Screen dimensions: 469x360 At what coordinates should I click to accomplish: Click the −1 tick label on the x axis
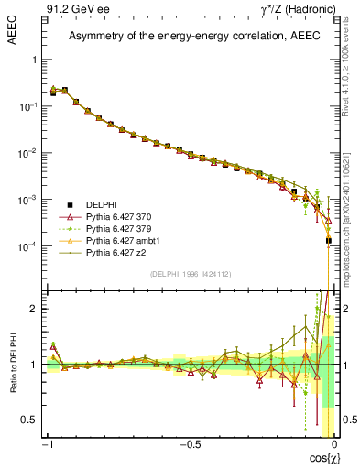[48, 444]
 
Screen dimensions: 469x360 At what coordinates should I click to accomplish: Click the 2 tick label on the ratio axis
[36, 309]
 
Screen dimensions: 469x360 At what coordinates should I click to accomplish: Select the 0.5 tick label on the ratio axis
[32, 420]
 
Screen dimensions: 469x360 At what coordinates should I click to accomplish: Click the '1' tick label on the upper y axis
[36, 60]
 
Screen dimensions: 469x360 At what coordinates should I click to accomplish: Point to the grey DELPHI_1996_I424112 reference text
[190, 273]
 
